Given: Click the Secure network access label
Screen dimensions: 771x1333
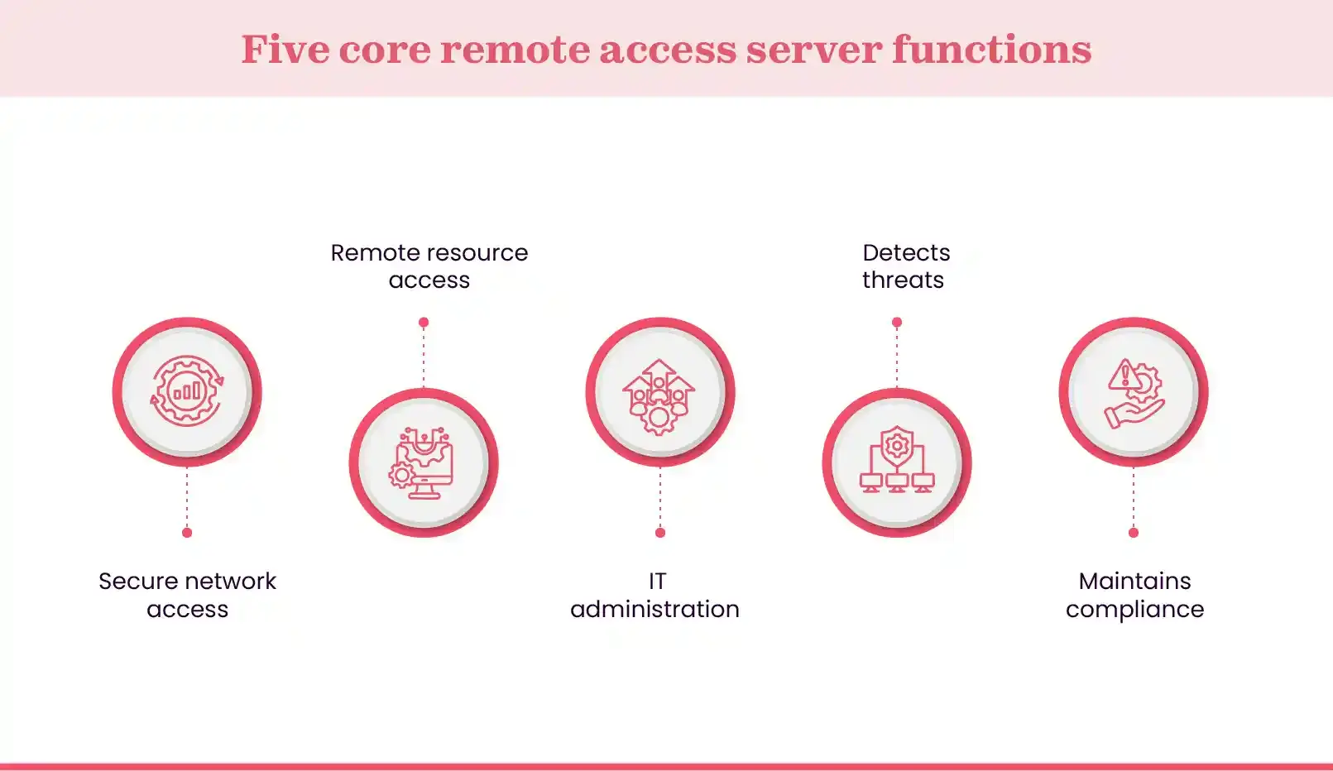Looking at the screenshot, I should pos(187,595).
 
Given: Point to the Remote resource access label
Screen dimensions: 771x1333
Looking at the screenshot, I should pos(429,266).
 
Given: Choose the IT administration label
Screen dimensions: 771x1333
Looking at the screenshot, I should pos(655,595).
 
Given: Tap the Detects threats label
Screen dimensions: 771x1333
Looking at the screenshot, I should pos(904,266).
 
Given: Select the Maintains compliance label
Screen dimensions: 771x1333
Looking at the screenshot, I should pos(1134,595).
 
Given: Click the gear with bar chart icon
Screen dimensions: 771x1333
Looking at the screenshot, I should pos(187,391).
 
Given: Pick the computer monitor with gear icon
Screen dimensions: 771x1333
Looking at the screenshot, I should pos(424,462).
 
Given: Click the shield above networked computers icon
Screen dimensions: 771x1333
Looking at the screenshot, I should pos(897,461).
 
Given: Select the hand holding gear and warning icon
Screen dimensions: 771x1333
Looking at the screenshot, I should pos(1134,392).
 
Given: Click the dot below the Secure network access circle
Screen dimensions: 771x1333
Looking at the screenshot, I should pos(187,533).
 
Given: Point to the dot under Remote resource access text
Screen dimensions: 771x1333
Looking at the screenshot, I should pos(424,323).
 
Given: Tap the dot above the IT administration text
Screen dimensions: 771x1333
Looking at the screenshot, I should pos(660,533).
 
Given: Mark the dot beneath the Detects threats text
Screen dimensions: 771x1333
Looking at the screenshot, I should pos(897,323).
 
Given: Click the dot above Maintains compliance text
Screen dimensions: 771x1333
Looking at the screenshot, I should pos(1134,533).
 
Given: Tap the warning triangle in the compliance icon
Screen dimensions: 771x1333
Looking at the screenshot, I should pos(1124,376).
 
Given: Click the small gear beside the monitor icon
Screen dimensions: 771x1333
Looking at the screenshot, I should pos(401,476).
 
